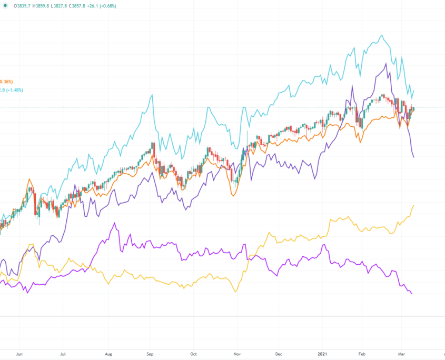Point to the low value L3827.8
coord(67,6)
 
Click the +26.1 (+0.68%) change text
coord(116,6)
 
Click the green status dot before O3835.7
coord(4,6)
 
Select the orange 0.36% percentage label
coord(6,82)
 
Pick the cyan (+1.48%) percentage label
coord(12,90)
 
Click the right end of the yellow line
coord(414,205)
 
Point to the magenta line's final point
coord(411,293)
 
